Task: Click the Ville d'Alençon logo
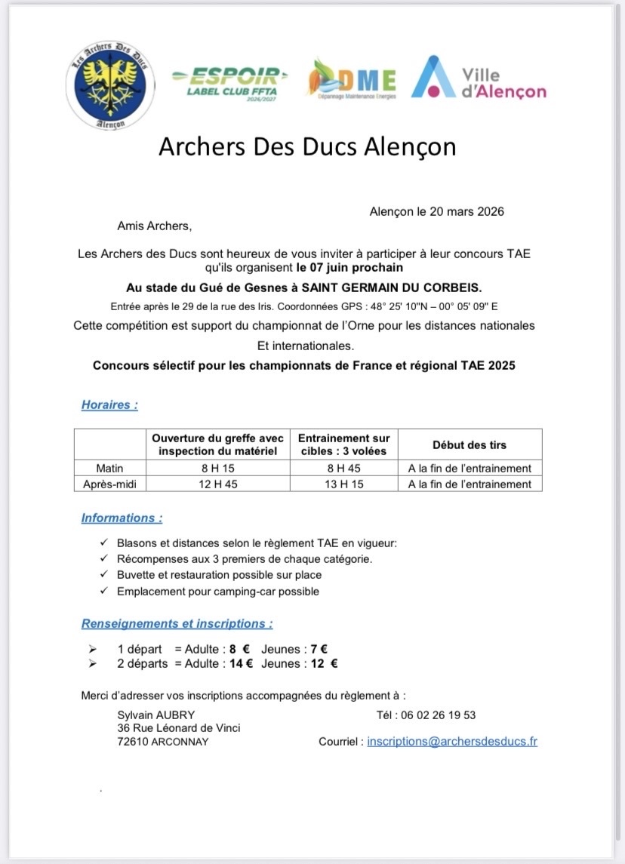pos(479,78)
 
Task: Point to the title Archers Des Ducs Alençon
pos(307,146)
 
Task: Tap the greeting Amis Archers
pos(155,225)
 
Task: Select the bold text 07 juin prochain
pos(349,267)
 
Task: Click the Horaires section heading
pos(109,405)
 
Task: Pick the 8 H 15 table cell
pos(217,468)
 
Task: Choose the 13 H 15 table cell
pos(343,484)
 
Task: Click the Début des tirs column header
pos(470,445)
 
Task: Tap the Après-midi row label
pos(110,484)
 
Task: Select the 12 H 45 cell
pos(217,484)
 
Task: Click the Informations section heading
pos(122,518)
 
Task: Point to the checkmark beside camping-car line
pos(103,592)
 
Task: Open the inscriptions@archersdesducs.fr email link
pos(452,742)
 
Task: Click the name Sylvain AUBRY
pos(156,715)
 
